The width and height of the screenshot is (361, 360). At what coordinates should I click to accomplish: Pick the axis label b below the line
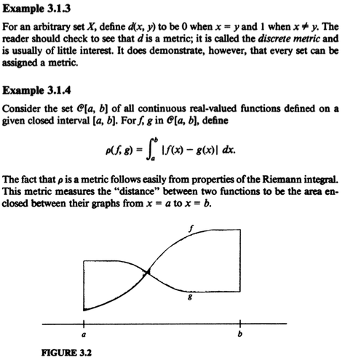tap(240, 337)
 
